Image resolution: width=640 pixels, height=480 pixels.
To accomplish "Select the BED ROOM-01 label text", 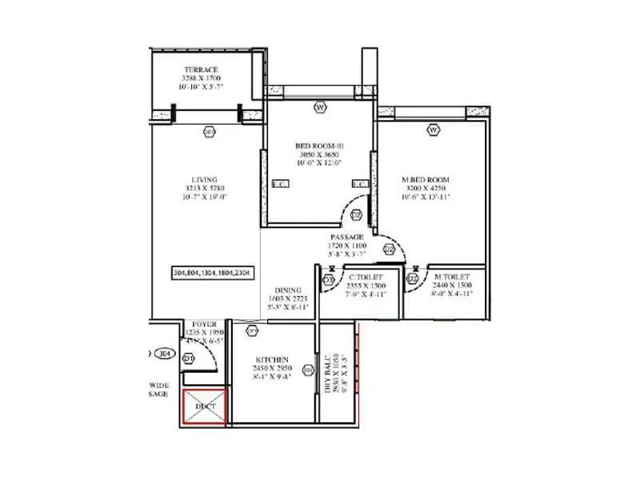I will (x=318, y=146).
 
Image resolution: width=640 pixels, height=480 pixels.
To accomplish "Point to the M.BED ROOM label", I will (x=425, y=179).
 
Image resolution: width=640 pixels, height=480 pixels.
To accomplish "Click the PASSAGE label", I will (x=347, y=238).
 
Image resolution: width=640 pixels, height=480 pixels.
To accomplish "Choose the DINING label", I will (x=287, y=290).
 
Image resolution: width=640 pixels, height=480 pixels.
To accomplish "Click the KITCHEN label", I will (x=273, y=360).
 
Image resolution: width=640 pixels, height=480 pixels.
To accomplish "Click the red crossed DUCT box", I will (x=205, y=406).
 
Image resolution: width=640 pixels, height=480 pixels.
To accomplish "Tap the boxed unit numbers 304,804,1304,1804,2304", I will (x=211, y=273).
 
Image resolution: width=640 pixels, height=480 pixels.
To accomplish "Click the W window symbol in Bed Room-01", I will (x=319, y=106).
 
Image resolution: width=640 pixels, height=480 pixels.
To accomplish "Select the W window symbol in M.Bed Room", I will (x=433, y=129).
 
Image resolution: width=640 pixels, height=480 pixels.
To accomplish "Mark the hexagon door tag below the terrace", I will (x=209, y=131).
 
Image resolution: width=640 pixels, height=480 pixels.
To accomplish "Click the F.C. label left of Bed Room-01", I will (x=279, y=184).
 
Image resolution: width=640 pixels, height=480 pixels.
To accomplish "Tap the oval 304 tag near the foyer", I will (x=164, y=353).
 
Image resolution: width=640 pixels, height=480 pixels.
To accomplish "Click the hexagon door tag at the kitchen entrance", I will (x=252, y=330).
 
